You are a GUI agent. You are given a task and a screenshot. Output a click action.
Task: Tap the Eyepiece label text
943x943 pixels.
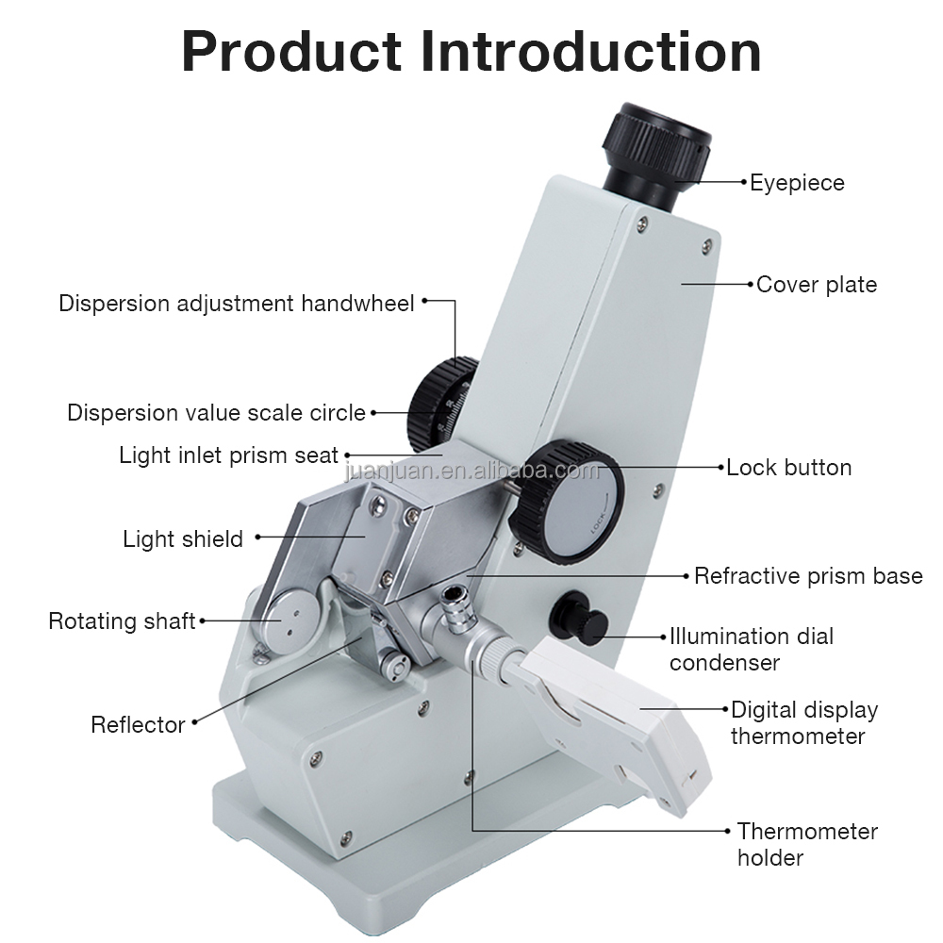point(797,182)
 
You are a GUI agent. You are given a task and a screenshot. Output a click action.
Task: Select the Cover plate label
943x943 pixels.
point(816,284)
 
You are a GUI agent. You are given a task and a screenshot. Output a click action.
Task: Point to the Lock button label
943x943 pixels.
point(788,467)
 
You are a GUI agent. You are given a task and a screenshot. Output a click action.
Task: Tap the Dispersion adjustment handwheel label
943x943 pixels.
point(236,303)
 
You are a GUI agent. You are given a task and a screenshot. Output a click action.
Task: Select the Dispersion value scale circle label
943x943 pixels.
point(216,412)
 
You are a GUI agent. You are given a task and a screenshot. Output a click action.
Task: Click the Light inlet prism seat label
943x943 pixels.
point(228,455)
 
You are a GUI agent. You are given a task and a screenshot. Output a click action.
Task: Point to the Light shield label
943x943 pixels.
point(183,538)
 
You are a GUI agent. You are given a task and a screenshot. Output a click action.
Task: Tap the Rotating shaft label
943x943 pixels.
point(122,620)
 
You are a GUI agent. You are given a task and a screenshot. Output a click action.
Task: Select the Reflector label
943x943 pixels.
point(138,724)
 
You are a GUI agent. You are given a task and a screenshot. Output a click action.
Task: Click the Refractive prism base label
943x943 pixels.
point(808,575)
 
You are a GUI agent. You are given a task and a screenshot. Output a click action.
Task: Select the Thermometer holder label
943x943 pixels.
point(806,844)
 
